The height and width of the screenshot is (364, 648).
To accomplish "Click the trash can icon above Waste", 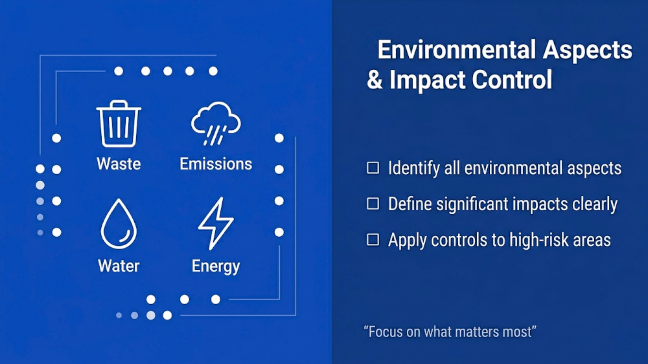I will click(x=118, y=124).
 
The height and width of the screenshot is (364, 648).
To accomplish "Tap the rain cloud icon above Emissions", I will click(x=216, y=122).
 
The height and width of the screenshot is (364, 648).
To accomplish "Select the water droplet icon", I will click(x=118, y=224).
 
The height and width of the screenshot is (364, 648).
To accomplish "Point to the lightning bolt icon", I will click(x=216, y=223).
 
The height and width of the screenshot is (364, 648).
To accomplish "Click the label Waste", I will click(x=118, y=164).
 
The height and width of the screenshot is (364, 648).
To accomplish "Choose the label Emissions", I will click(x=216, y=164).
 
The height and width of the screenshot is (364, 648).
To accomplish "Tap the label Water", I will click(x=118, y=266).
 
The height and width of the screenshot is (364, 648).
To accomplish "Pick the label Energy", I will click(x=216, y=266).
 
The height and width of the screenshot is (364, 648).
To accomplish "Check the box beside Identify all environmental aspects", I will click(x=373, y=168).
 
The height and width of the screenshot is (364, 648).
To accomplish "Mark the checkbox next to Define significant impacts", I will click(x=373, y=204).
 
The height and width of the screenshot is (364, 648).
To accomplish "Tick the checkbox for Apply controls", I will click(x=373, y=240).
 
